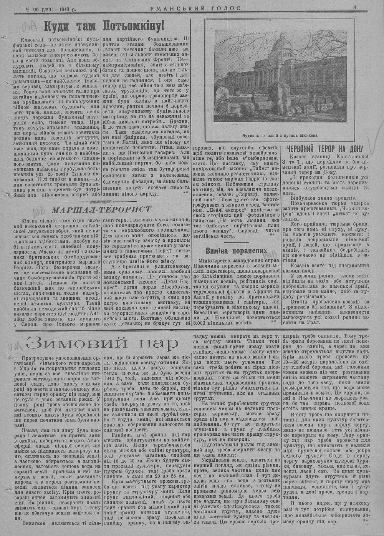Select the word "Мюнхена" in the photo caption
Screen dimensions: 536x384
click(x=308, y=135)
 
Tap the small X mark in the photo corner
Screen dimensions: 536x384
click(x=343, y=119)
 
